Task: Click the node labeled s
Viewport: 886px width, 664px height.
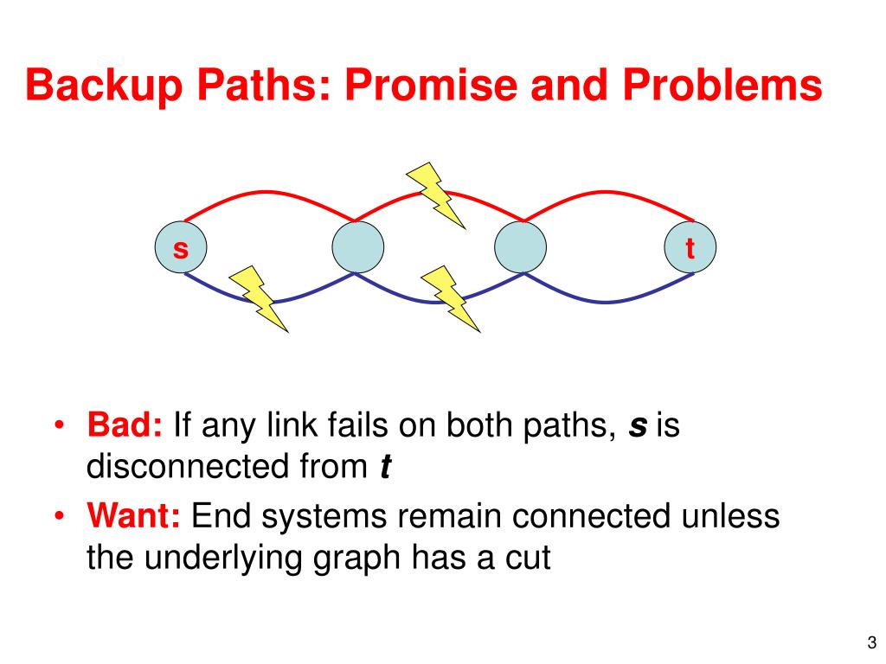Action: [x=181, y=248]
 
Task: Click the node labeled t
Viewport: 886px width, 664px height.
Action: [x=690, y=248]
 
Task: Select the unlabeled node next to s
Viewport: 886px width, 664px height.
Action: [x=357, y=248]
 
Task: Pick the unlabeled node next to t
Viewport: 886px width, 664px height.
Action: [x=521, y=248]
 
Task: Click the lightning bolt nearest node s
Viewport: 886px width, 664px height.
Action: [x=258, y=298]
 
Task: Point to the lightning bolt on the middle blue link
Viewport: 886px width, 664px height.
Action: [x=450, y=298]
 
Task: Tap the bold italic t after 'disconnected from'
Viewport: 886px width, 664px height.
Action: [x=385, y=468]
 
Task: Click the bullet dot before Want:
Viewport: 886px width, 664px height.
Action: [x=59, y=517]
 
